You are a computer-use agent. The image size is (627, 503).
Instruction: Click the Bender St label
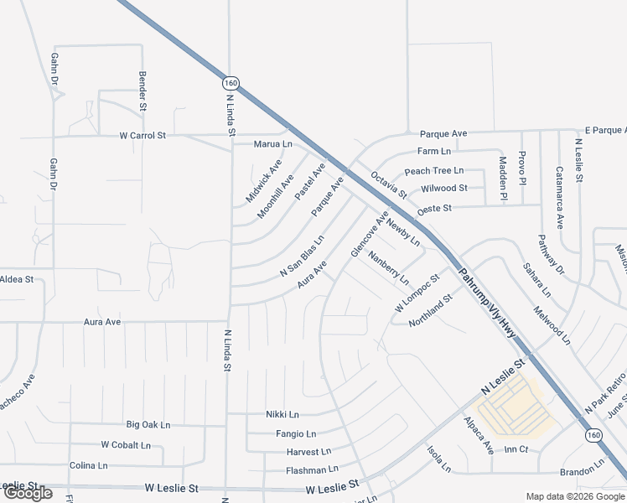[x=142, y=91]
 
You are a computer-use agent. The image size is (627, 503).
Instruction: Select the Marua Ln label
[x=273, y=144]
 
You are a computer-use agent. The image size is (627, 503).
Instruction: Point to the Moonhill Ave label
[x=275, y=196]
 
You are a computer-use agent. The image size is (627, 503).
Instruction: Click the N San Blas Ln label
[x=302, y=258]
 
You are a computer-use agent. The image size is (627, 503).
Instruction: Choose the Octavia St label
[x=389, y=185]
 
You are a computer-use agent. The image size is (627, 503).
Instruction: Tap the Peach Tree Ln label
[x=434, y=171]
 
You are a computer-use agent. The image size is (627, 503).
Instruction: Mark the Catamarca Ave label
[x=559, y=198]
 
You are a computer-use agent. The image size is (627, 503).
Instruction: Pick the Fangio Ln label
[x=296, y=433]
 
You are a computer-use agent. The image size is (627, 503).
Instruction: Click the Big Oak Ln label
[x=148, y=425]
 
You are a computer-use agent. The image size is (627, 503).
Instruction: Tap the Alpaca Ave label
[x=479, y=436]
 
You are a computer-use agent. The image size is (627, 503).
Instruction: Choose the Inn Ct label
[x=516, y=450]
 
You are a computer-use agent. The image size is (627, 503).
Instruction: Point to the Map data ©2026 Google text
[x=574, y=496]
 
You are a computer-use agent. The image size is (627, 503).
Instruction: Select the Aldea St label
[x=16, y=278]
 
